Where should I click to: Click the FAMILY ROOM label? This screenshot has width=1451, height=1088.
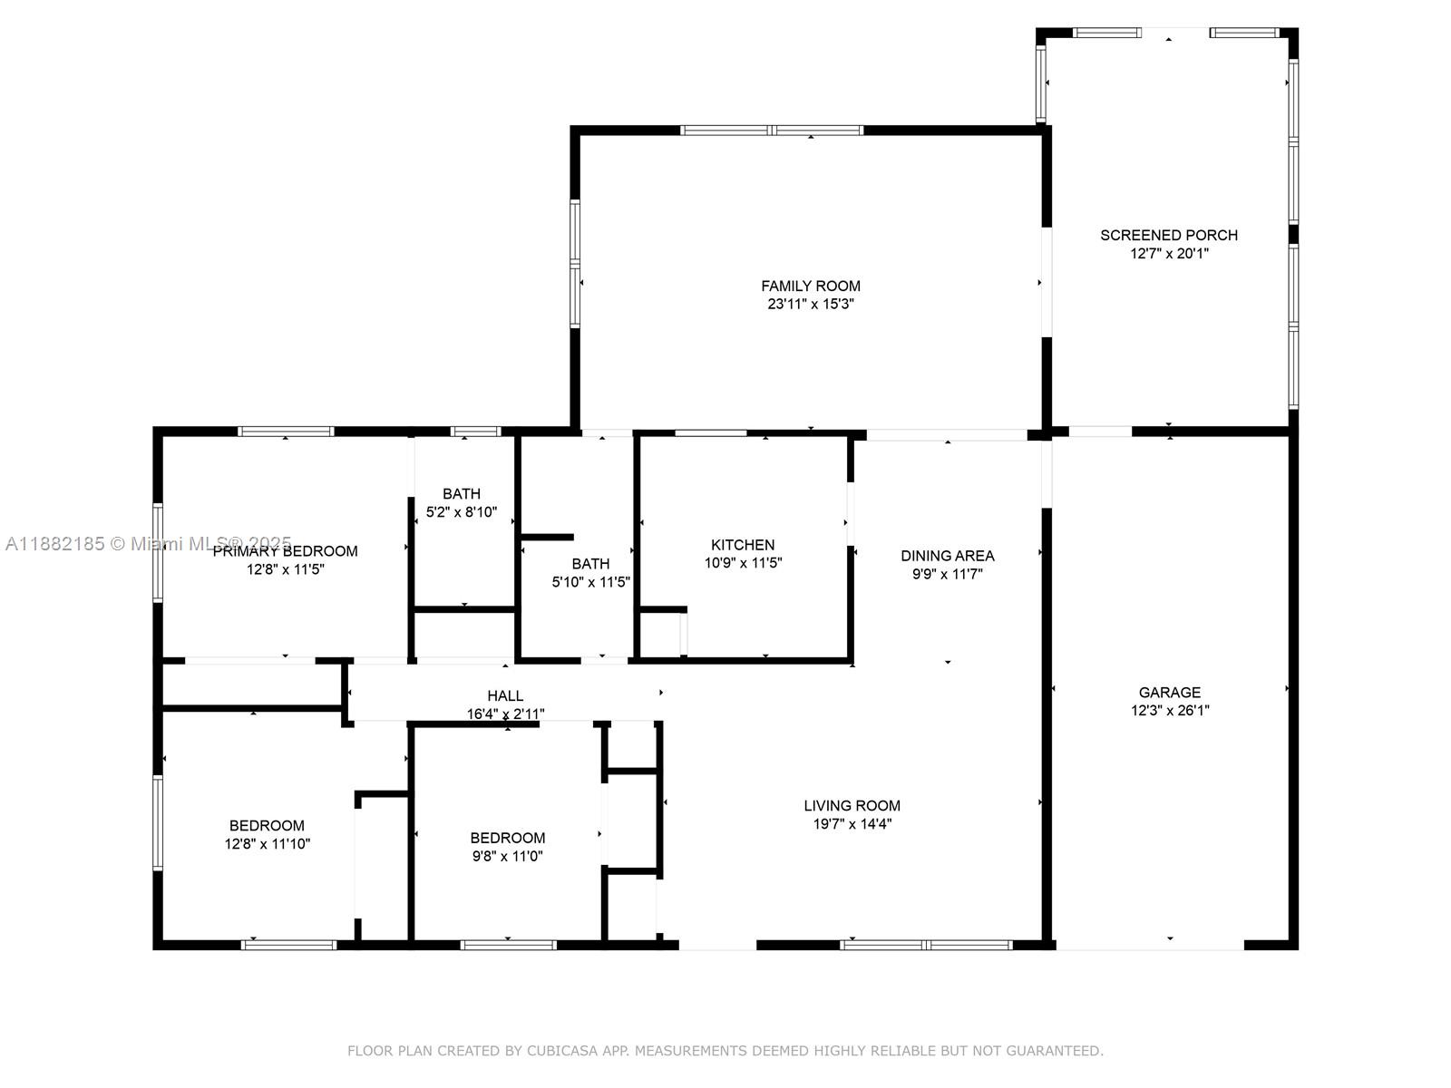pyautogui.click(x=810, y=286)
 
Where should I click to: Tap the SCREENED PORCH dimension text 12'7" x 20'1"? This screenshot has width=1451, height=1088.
pyautogui.click(x=1169, y=254)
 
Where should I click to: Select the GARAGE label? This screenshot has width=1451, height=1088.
pyautogui.click(x=1169, y=692)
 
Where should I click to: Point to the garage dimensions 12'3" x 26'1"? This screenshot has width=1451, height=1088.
pyautogui.click(x=1169, y=711)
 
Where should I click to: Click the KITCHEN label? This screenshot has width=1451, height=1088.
pyautogui.click(x=742, y=544)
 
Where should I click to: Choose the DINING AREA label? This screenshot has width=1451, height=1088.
pyautogui.click(x=947, y=555)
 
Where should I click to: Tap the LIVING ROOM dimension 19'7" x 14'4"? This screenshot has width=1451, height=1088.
pyautogui.click(x=852, y=824)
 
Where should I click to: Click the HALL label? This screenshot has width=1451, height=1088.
pyautogui.click(x=505, y=695)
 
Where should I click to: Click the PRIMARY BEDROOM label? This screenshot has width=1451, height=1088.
pyautogui.click(x=285, y=551)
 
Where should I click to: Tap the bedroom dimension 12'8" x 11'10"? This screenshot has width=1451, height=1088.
pyautogui.click(x=267, y=844)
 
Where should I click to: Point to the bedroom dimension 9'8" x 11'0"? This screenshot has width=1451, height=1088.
pyautogui.click(x=507, y=856)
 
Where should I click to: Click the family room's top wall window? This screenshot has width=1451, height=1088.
pyautogui.click(x=772, y=131)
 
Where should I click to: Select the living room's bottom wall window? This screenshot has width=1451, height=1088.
pyautogui.click(x=926, y=945)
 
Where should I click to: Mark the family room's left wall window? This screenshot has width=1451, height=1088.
pyautogui.click(x=575, y=263)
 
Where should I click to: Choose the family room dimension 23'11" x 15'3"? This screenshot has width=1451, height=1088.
pyautogui.click(x=810, y=305)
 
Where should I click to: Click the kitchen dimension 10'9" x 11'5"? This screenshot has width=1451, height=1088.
pyautogui.click(x=742, y=563)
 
